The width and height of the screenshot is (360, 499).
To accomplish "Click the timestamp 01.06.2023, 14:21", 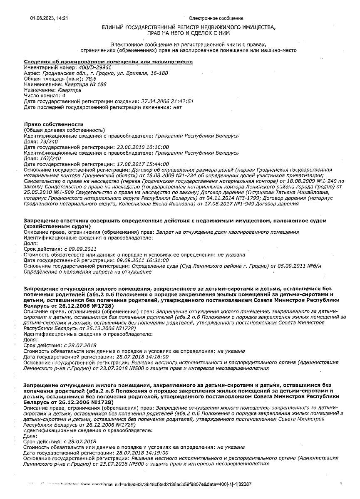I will click(x=49, y=18).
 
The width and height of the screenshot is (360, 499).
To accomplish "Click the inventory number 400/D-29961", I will click(x=89, y=67).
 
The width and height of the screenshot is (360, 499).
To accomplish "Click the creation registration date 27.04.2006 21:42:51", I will click(x=167, y=101).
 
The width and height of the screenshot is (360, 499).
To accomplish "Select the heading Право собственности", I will click(x=54, y=124).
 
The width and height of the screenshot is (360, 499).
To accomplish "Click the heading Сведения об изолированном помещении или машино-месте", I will click(x=108, y=62).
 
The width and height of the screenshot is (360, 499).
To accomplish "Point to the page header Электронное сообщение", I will click(x=216, y=18).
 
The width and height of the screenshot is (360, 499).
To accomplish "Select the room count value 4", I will click(x=64, y=96).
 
